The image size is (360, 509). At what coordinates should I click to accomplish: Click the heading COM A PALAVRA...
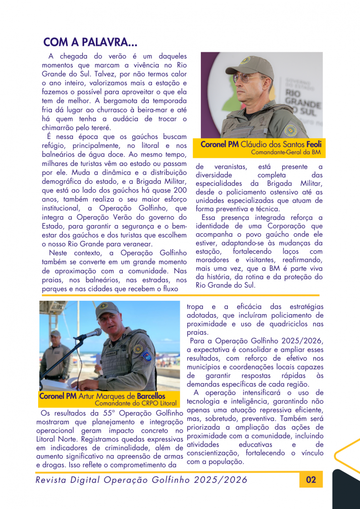90,43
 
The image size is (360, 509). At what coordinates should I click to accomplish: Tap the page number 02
311,480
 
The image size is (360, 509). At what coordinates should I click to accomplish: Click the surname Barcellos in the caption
151,396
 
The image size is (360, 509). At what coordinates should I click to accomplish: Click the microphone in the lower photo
90,334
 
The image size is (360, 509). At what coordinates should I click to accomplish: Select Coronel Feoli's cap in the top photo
250,63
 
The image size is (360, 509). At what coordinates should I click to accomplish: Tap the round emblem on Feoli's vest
290,129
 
